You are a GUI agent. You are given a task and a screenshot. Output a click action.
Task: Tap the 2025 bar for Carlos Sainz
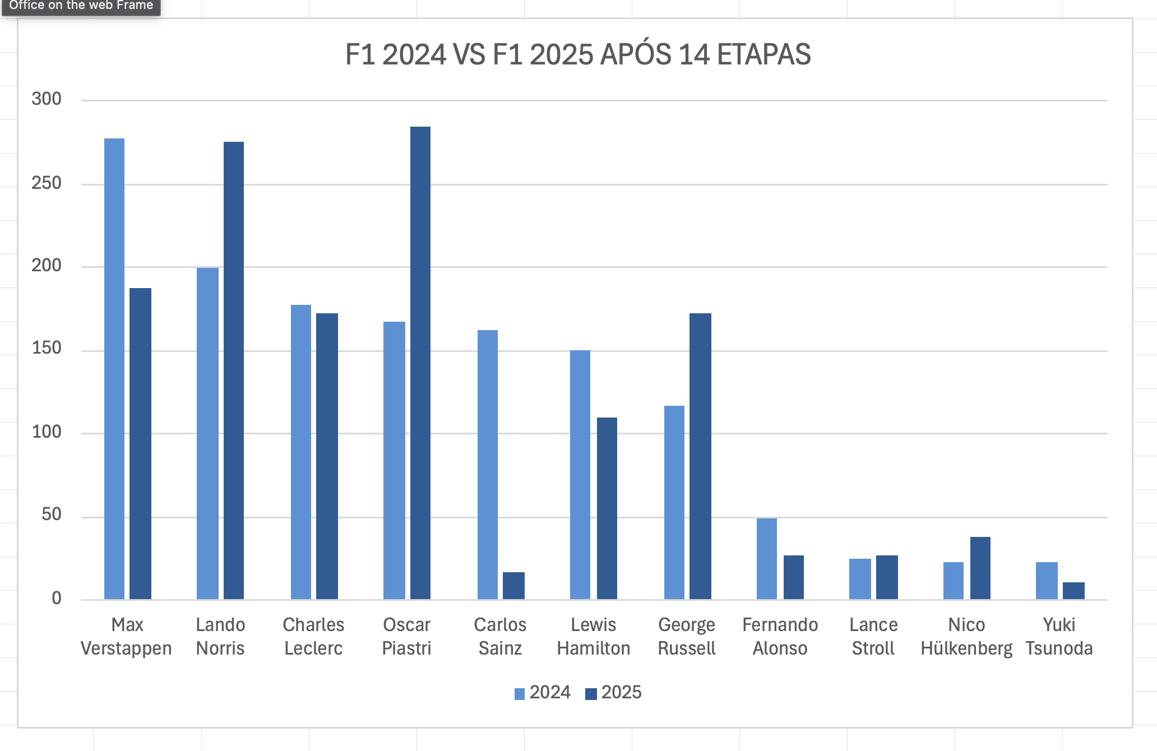click(x=513, y=586)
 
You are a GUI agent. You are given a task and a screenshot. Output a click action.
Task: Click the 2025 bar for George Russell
click(x=700, y=456)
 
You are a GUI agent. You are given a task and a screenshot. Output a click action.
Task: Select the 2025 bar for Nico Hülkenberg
click(x=980, y=568)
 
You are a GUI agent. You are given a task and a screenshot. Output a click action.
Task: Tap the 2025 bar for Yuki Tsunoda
click(x=1073, y=591)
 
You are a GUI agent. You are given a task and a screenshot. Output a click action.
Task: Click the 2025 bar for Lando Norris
click(x=234, y=370)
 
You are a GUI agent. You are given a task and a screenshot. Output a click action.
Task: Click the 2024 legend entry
click(x=543, y=693)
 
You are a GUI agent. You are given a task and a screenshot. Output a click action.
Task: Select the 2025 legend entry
click(x=614, y=693)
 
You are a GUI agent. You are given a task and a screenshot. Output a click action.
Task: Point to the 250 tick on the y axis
click(x=47, y=183)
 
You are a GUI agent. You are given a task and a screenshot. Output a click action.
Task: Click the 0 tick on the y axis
click(x=56, y=598)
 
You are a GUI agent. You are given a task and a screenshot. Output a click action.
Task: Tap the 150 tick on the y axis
click(x=47, y=348)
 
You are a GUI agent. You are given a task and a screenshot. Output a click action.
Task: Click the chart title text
click(x=578, y=54)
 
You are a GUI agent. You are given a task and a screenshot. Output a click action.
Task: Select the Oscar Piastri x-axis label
click(x=406, y=636)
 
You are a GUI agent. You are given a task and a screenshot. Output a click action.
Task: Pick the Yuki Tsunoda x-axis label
click(x=1059, y=636)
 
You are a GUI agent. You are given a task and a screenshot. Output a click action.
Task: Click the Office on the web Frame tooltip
click(x=81, y=6)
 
